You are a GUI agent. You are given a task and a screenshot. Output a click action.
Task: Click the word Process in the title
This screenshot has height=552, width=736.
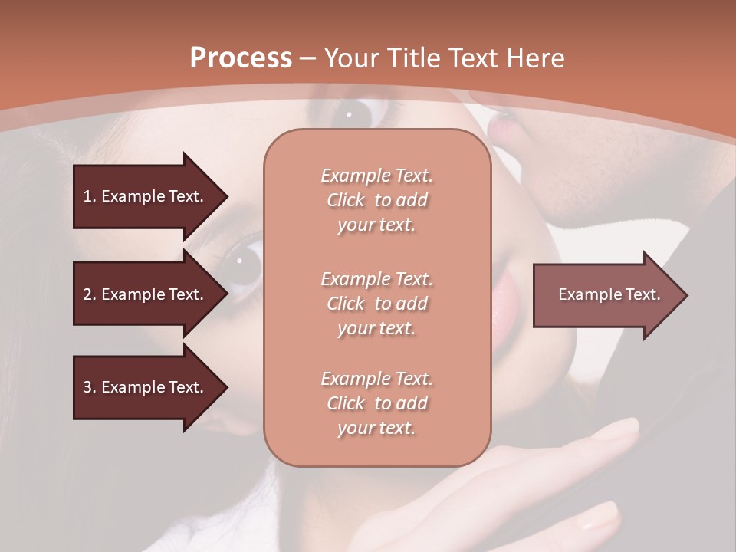click(x=241, y=58)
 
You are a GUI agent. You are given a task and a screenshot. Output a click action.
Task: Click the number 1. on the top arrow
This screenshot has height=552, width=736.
click(x=90, y=196)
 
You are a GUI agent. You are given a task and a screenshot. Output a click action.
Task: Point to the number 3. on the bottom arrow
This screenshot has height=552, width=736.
click(x=90, y=387)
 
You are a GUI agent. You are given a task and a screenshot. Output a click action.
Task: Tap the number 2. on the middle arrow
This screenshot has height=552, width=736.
click(x=90, y=294)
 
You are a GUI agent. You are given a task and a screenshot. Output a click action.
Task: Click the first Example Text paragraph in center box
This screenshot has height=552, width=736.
click(x=376, y=200)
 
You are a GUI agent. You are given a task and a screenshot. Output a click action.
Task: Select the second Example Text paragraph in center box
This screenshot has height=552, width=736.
click(x=376, y=304)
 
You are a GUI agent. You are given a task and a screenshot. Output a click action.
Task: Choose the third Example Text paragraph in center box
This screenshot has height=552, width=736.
click(x=376, y=403)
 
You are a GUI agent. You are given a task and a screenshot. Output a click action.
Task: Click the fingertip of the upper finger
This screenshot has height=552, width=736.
click(x=625, y=427)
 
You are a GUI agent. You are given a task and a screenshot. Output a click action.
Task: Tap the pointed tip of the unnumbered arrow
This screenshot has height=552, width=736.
click(x=685, y=295)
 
